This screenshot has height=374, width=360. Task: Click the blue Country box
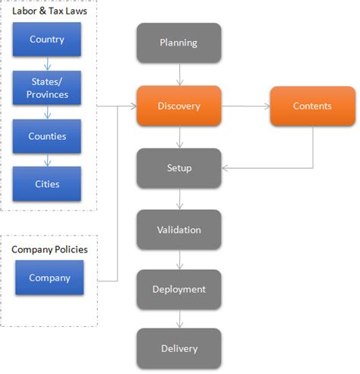click(x=46, y=40)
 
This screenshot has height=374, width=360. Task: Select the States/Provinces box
click(x=46, y=89)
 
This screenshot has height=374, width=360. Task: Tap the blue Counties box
click(x=46, y=136)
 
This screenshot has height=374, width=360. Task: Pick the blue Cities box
click(x=46, y=183)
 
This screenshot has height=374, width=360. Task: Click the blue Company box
click(x=49, y=277)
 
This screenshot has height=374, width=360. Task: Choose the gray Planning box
click(x=178, y=43)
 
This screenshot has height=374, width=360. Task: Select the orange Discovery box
click(x=178, y=106)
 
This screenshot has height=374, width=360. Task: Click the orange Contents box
click(x=312, y=106)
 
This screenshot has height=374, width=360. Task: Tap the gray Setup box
click(x=178, y=167)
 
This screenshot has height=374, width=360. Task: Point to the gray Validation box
click(x=178, y=229)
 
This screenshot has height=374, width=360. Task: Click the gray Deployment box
click(x=178, y=289)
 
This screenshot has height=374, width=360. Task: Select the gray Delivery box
click(x=178, y=348)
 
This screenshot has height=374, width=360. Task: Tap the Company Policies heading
click(x=49, y=249)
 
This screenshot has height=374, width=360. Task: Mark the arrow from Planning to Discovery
click(x=178, y=74)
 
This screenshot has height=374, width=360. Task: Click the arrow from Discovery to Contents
click(x=245, y=106)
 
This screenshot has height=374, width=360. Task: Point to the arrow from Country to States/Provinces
click(x=46, y=64)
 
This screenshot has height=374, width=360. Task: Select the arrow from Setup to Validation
click(x=178, y=198)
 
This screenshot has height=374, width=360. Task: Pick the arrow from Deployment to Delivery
click(x=178, y=319)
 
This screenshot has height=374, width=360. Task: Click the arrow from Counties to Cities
click(x=46, y=160)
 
